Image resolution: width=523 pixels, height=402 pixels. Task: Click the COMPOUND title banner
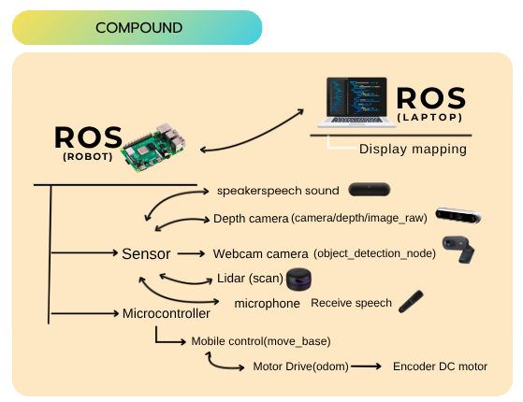(x=137, y=28)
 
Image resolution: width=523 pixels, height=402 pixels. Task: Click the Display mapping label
(x=413, y=149)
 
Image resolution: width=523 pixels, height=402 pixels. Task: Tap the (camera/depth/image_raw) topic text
(x=359, y=218)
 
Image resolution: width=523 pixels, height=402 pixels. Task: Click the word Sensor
(x=146, y=253)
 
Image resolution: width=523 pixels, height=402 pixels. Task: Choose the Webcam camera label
(x=260, y=254)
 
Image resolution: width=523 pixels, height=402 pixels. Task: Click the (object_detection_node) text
(x=375, y=254)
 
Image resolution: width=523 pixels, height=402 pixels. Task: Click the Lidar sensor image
(x=298, y=280)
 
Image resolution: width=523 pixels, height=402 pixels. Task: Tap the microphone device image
(x=409, y=301)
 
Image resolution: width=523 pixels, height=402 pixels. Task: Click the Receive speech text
(x=351, y=303)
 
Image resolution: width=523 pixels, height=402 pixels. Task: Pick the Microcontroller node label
(x=167, y=313)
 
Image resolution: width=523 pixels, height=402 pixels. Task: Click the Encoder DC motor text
(x=440, y=366)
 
